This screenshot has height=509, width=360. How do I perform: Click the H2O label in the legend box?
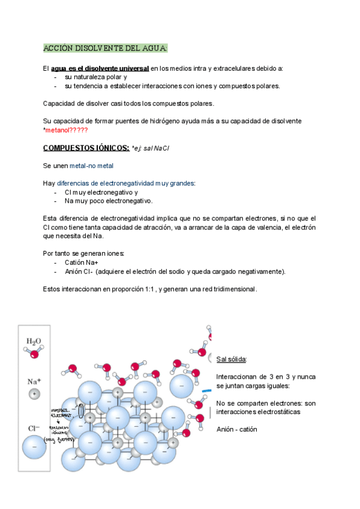tap(34, 341)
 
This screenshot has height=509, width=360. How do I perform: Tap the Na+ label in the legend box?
tap(34, 381)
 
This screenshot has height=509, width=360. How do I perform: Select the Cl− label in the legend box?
tap(34, 428)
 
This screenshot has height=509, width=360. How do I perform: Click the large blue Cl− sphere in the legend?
tap(34, 447)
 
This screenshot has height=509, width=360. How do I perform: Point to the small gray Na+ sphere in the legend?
tap(34, 394)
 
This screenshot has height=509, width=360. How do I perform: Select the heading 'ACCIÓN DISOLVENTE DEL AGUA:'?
tap(106, 48)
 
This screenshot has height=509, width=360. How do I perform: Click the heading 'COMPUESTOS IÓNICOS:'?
tap(86, 148)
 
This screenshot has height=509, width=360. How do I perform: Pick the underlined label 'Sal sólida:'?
tap(232, 359)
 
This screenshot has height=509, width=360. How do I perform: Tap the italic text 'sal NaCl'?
tap(157, 148)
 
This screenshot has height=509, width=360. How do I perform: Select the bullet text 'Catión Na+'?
tap(82, 262)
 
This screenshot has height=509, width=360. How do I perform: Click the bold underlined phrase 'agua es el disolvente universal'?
tap(100, 68)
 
